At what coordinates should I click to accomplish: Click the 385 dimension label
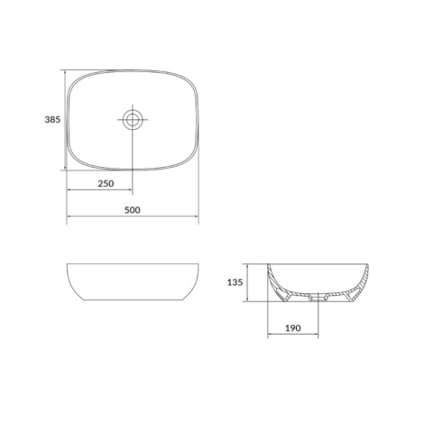(52, 120)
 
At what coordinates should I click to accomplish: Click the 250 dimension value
(106, 183)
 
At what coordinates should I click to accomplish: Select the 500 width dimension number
(133, 210)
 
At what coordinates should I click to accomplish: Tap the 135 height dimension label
(235, 282)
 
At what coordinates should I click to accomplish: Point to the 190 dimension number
(293, 328)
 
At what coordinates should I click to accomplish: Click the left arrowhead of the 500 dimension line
(69, 217)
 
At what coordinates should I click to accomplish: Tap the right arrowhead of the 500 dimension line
(197, 217)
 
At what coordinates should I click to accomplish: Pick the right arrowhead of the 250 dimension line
(130, 189)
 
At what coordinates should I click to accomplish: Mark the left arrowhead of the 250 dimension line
(69, 189)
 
